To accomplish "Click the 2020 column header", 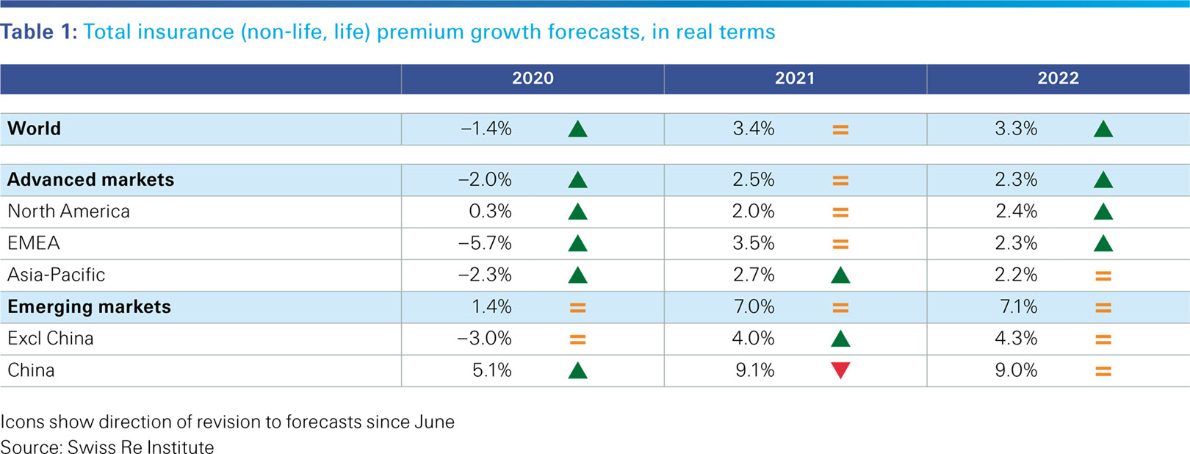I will [533, 79].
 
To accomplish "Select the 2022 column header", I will [1058, 79].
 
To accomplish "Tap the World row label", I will [35, 129].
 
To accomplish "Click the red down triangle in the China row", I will [840, 370].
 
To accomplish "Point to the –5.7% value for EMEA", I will [485, 243].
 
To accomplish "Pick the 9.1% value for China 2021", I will [754, 370].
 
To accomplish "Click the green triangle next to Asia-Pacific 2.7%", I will [840, 275].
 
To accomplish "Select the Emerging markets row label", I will [89, 307].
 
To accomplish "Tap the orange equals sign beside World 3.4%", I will [840, 130].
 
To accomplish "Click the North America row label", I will [68, 212].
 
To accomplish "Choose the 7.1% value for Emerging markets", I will [1018, 307].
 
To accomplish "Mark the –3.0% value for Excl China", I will [484, 339].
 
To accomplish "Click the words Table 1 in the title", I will [38, 32].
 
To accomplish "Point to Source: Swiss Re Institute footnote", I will [107, 447].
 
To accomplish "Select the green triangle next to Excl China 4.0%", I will [840, 339].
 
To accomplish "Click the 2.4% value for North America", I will [1017, 212].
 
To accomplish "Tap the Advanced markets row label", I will [90, 180].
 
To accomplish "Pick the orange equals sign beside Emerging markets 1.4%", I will [577, 308].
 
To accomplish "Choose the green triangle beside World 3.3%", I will [1103, 130].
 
